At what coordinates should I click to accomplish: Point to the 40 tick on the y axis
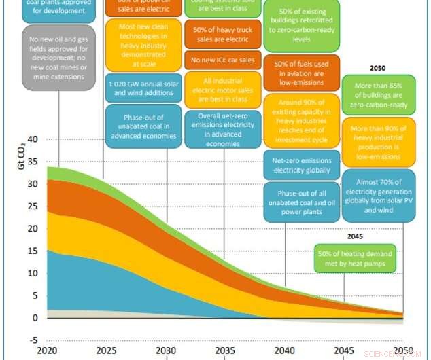[32, 139]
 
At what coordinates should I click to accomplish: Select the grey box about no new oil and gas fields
[58, 58]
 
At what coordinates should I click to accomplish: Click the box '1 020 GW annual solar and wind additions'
[143, 88]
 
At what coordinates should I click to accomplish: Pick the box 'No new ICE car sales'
[223, 60]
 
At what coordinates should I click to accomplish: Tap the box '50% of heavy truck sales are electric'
[223, 35]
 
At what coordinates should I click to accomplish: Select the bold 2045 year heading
[355, 237]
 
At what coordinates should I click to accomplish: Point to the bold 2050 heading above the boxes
[377, 69]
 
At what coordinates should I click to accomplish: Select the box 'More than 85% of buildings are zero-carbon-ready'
[377, 96]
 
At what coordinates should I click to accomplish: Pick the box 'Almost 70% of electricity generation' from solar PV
[377, 196]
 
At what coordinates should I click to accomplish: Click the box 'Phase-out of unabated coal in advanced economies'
[143, 126]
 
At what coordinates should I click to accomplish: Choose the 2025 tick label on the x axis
[105, 350]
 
